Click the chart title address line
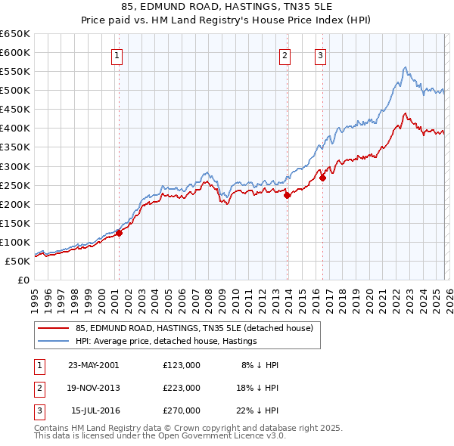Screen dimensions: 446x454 pyautogui.click(x=227, y=8)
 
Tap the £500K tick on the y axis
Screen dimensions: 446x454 pyautogui.click(x=15, y=91)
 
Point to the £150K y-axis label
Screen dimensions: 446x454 pyautogui.click(x=15, y=223)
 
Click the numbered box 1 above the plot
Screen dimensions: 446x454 pyautogui.click(x=119, y=54)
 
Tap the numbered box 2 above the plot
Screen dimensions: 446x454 pyautogui.click(x=285, y=54)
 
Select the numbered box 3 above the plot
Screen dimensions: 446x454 pyautogui.click(x=321, y=54)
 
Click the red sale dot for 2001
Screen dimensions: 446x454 pyautogui.click(x=120, y=233)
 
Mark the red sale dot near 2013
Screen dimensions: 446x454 pyautogui.click(x=288, y=195)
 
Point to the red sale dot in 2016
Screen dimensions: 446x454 pyautogui.click(x=322, y=178)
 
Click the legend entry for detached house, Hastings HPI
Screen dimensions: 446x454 pyautogui.click(x=166, y=341)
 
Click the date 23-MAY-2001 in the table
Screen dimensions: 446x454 pyautogui.click(x=94, y=365)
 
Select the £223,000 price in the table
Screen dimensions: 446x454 pyautogui.click(x=182, y=388)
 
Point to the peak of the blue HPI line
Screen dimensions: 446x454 pyautogui.click(x=406, y=67)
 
